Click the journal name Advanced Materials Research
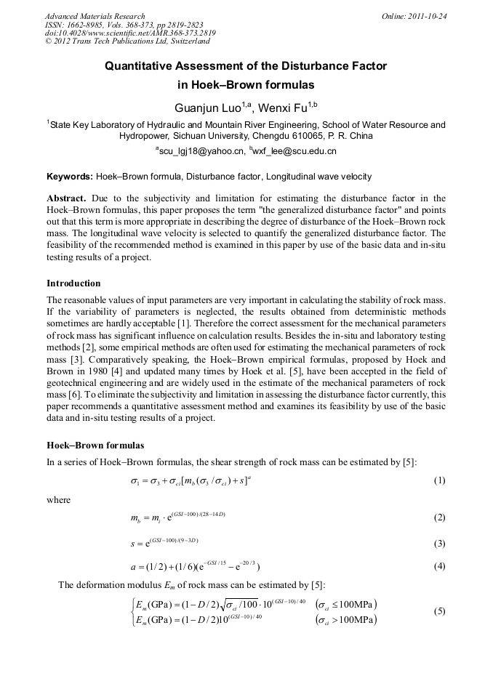pyautogui.click(x=95, y=16)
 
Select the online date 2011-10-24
pyautogui.click(x=427, y=16)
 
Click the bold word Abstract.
pyautogui.click(x=66, y=198)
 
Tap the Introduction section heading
pyautogui.click(x=73, y=283)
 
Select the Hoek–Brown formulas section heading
pyautogui.click(x=95, y=445)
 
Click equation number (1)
pyautogui.click(x=439, y=480)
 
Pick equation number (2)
pyautogui.click(x=439, y=517)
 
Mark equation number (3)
pyautogui.click(x=439, y=543)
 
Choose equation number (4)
pyautogui.click(x=439, y=567)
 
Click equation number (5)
pyautogui.click(x=439, y=611)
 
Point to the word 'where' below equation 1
pyautogui.click(x=59, y=500)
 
